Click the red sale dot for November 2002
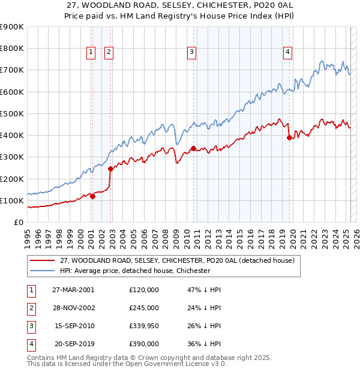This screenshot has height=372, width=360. coord(110,169)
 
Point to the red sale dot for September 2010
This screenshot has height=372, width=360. coord(193,148)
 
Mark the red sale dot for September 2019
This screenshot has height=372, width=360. coord(289,137)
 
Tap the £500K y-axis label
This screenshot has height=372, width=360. coord(13,113)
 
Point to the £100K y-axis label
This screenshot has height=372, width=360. coord(13,200)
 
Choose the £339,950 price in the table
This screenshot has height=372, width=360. coord(144,326)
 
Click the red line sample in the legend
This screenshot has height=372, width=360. coord(42,261)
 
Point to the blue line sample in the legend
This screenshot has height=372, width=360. coord(42,271)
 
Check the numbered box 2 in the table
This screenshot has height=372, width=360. coord(29,308)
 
